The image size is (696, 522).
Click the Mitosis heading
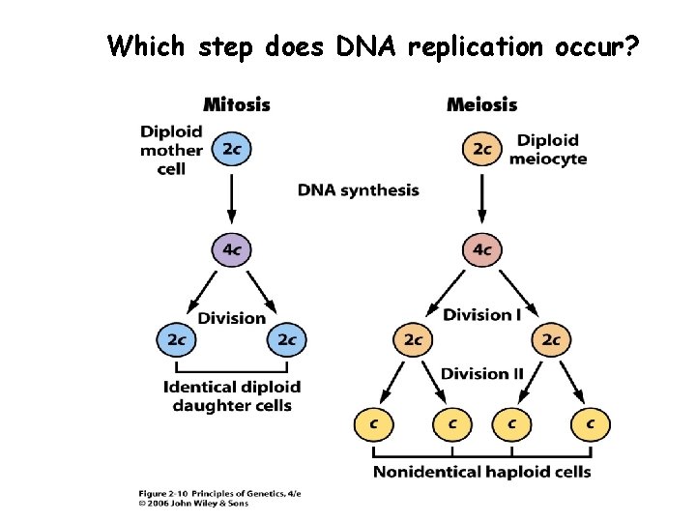click(x=236, y=104)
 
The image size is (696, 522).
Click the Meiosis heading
click(x=481, y=104)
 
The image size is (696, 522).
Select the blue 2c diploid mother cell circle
click(x=232, y=149)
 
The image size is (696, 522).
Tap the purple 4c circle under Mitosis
click(x=232, y=249)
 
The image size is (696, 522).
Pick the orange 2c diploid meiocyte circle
click(x=481, y=149)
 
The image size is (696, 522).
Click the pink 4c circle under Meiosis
click(x=481, y=250)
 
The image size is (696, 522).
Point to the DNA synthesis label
click(x=359, y=190)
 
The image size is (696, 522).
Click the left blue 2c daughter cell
click(x=176, y=339)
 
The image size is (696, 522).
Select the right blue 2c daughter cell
click(x=287, y=339)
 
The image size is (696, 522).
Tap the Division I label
click(x=482, y=314)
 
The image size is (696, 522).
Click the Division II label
click(x=481, y=373)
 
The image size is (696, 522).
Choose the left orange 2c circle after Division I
click(x=413, y=339)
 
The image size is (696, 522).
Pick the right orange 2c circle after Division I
click(x=551, y=339)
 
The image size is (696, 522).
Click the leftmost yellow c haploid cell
click(x=372, y=422)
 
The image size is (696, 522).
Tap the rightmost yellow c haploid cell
click(x=591, y=422)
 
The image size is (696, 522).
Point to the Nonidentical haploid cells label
click(x=481, y=472)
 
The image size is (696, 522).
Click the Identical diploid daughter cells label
click(x=232, y=396)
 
